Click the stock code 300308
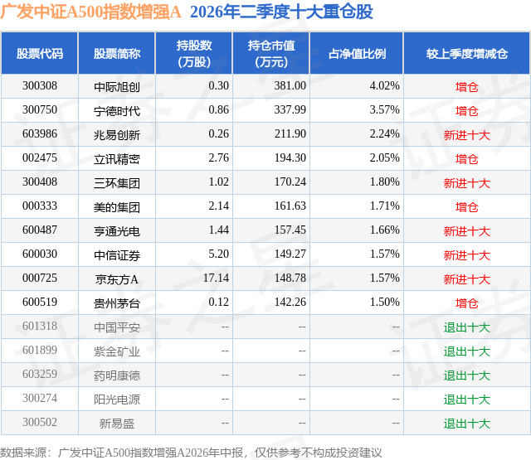pos(40,86)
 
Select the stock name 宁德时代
pos(117,111)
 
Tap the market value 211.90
pos(290,134)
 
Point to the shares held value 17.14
pos(216,278)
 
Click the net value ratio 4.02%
pos(385,86)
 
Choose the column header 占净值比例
pos(357,53)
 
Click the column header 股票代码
pos(40,53)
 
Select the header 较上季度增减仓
pos(467,53)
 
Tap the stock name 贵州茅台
pos(117,303)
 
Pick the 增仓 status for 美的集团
pos(466,207)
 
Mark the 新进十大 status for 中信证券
pos(467,255)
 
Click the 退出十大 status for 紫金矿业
pos(467,351)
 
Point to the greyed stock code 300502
pos(40,422)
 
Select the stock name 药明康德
pos(117,375)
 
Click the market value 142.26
pos(290,302)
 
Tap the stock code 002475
pos(40,158)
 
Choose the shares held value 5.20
pos(219,254)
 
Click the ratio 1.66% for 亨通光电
pos(385,230)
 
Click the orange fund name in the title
pos(90,12)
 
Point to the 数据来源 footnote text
pos(191,453)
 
